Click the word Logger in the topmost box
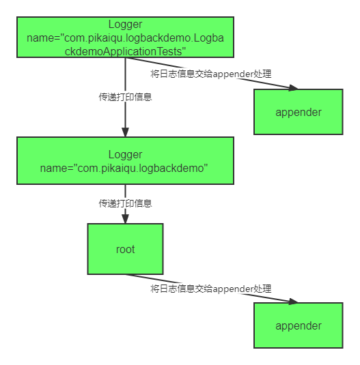coord(126,25)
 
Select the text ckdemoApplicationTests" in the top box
coord(126,51)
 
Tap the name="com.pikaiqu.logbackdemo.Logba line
coord(126,38)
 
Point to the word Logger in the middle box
coord(126,155)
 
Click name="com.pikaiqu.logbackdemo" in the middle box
coord(124,168)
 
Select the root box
coord(126,249)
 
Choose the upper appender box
coord(299,112)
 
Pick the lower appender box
coord(299,325)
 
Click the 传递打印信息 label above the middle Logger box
coord(126,97)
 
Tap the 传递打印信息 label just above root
coord(126,203)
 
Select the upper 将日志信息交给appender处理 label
coord(211,74)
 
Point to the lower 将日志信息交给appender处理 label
coord(211,289)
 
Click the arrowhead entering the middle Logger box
coord(126,132)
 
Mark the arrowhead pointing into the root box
coord(126,219)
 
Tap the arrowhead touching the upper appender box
coord(293,88)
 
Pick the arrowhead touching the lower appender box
coord(293,302)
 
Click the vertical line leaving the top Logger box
coord(126,97)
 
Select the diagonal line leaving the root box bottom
coord(212,289)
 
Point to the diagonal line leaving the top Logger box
coord(212,73)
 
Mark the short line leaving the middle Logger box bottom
coord(126,204)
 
